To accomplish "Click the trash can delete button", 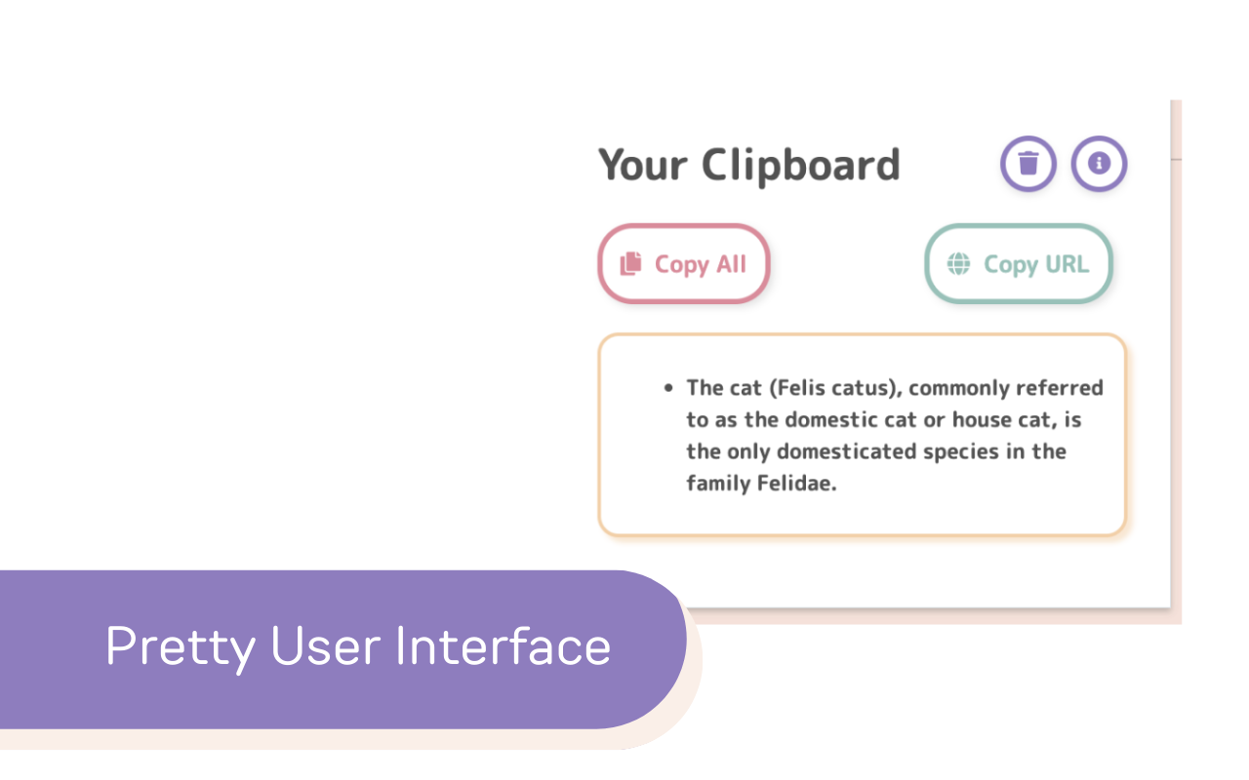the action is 1027,164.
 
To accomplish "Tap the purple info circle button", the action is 1099,164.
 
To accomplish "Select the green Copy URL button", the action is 1019,263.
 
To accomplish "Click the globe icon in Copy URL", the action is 958,264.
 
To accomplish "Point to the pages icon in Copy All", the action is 630,263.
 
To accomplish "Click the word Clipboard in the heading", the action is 801,167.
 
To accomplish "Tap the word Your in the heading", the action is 642,166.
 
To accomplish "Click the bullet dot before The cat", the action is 668,388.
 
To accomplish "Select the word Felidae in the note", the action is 797,483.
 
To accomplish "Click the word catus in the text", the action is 866,388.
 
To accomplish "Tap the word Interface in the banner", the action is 504,645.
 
